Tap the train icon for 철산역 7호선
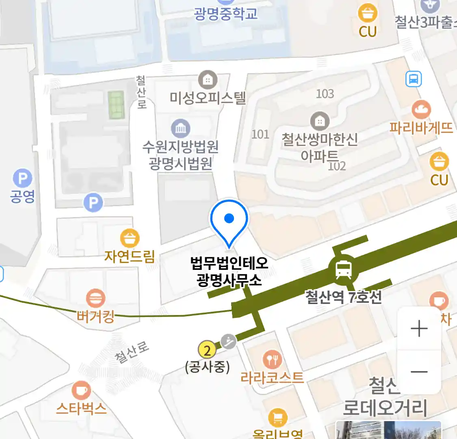pos(344,269)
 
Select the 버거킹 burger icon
pos(95,299)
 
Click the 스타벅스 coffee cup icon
pos(81,391)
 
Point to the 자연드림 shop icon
pos(130,238)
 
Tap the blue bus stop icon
pos(414,79)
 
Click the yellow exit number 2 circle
pos(207,350)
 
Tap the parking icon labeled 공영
pos(22,179)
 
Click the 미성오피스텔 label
pos(208,98)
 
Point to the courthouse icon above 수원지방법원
pos(181,128)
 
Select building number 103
pos(325,94)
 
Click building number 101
pos(260,134)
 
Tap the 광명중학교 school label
pos(226,13)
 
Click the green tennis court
pos(116,104)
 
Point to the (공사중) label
pos(207,367)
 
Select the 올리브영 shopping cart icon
pos(278,418)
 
